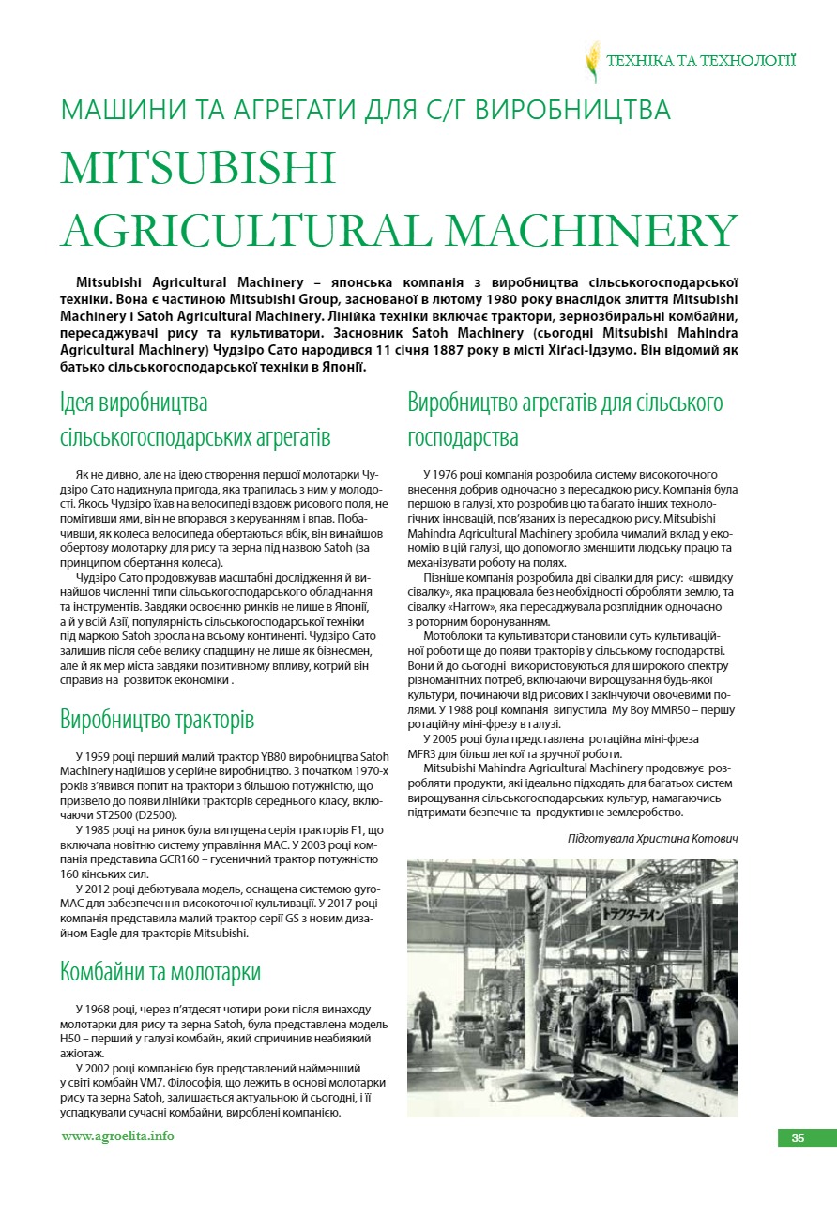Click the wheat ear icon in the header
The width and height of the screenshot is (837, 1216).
593,62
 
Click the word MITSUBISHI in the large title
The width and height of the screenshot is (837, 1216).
198,168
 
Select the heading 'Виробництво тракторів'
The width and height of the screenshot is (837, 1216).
157,721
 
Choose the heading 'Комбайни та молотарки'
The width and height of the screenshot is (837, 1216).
160,970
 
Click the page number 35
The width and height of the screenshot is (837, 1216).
798,1138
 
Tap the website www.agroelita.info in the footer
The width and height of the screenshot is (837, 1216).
117,1136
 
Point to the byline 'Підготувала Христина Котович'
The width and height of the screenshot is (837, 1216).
652,837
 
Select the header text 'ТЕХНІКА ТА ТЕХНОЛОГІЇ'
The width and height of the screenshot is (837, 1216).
702,61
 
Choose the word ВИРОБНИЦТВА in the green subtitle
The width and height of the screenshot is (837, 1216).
572,111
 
